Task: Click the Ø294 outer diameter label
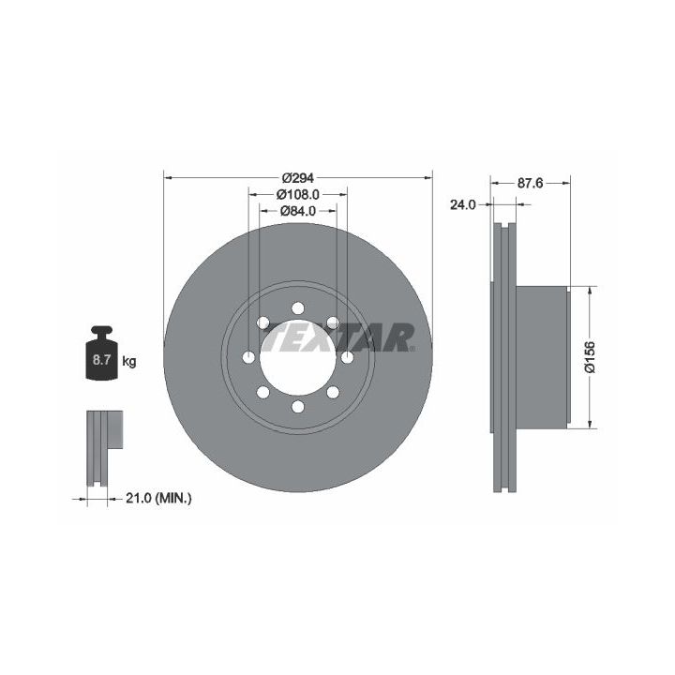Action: (298, 177)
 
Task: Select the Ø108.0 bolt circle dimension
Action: (298, 195)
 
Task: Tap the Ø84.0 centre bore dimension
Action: (298, 211)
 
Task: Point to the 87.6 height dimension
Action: (531, 184)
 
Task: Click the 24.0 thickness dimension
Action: (463, 205)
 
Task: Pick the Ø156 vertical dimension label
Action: (590, 357)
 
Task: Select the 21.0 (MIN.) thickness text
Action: (158, 499)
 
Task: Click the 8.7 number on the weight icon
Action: (102, 360)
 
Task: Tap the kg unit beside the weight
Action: (129, 361)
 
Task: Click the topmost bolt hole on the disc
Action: (298, 308)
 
